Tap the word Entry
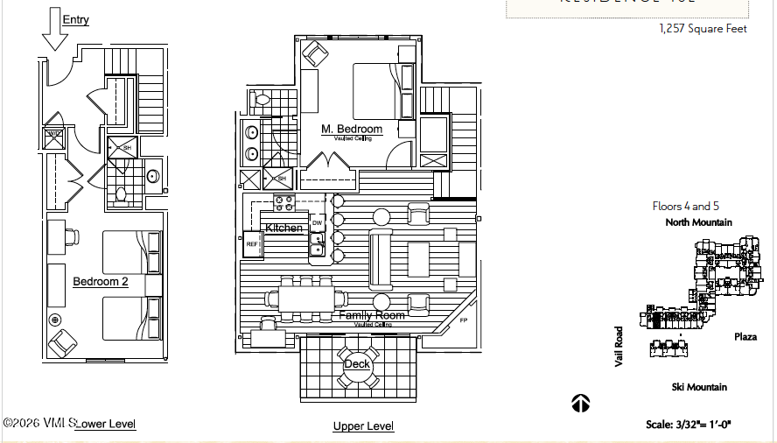76,19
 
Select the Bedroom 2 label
100,281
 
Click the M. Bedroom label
352,130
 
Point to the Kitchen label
284,228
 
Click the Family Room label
372,315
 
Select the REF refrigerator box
252,244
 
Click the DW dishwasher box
317,222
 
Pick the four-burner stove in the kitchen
284,203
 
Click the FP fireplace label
465,321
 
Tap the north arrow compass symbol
580,404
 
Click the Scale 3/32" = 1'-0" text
689,425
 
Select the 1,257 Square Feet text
703,29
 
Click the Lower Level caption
106,424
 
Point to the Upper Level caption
363,426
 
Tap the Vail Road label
619,347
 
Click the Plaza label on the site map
745,336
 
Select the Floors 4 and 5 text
685,207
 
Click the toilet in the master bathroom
261,101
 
